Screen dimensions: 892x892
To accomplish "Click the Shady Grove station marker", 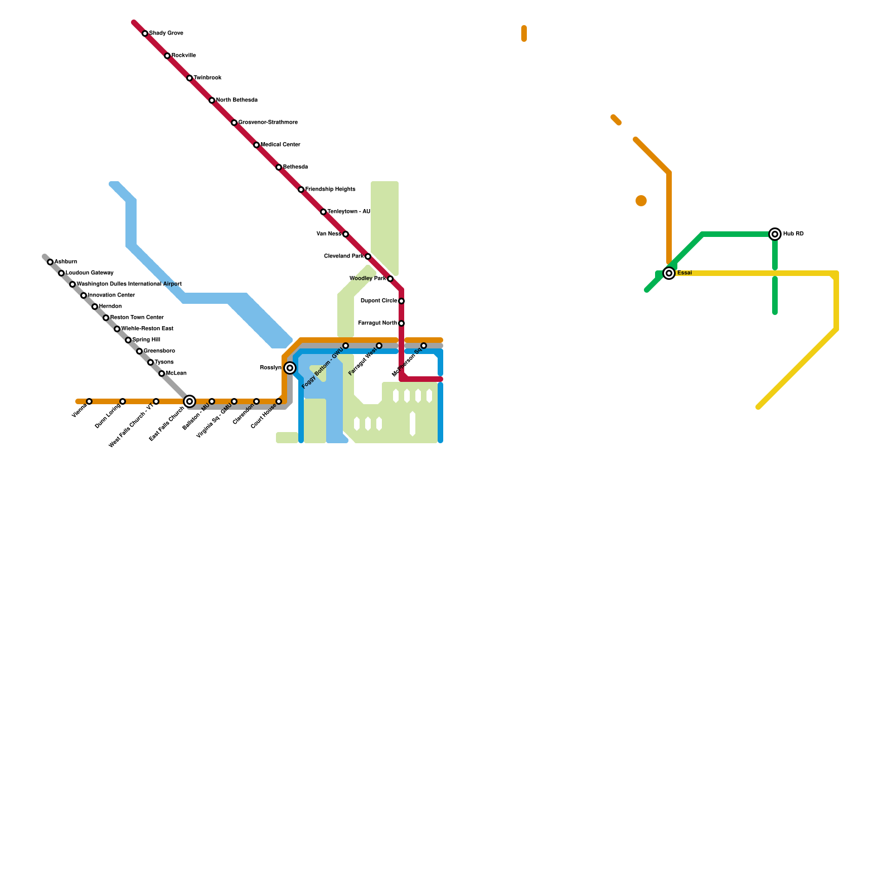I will tap(145, 33).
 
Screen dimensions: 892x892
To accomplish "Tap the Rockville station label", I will tap(183, 56).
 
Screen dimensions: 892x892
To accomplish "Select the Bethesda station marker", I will tap(279, 167).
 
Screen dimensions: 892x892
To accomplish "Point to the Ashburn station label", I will tap(66, 262).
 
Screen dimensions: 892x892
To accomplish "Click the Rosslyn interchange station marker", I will tap(290, 368).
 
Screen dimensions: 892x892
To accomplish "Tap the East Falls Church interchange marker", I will tap(190, 401).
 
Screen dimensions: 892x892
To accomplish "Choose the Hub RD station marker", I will tap(775, 234).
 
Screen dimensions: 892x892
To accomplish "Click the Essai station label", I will tap(685, 273).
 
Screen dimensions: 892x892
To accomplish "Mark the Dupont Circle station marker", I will tap(401, 301).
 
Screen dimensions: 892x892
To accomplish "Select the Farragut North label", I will tap(377, 323).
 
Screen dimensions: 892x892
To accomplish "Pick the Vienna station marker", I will tap(89, 401).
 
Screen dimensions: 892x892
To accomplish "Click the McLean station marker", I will tap(162, 374).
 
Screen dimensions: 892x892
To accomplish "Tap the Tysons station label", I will tap(164, 362).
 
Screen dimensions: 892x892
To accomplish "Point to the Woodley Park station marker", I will tap(390, 279).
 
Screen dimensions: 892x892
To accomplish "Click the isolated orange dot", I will tap(641, 201).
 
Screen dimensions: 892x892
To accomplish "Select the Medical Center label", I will tap(280, 145).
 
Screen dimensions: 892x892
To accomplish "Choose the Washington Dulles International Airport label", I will tap(129, 284).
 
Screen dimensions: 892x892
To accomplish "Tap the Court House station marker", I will tap(279, 401).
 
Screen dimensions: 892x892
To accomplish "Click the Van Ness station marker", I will tap(346, 234).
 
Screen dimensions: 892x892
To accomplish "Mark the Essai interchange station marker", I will tap(669, 273).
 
